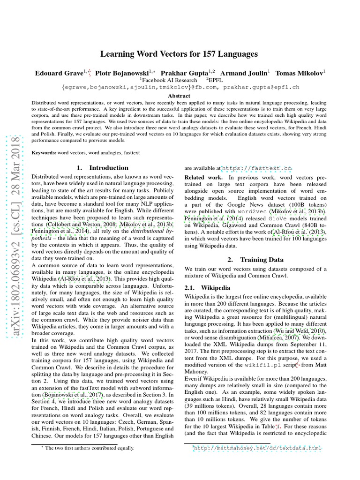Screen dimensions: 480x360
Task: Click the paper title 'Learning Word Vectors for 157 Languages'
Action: pyautogui.click(x=180, y=54)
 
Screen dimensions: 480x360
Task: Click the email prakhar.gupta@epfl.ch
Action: pyautogui.click(x=261, y=87)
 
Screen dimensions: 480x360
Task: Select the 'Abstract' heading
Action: pyautogui.click(x=180, y=96)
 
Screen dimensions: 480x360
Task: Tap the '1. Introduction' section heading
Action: pyautogui.click(x=102, y=168)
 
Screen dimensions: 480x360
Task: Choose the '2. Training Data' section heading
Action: pyautogui.click(x=255, y=259)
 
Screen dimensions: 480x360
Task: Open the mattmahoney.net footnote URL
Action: pyautogui.click(x=257, y=448)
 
